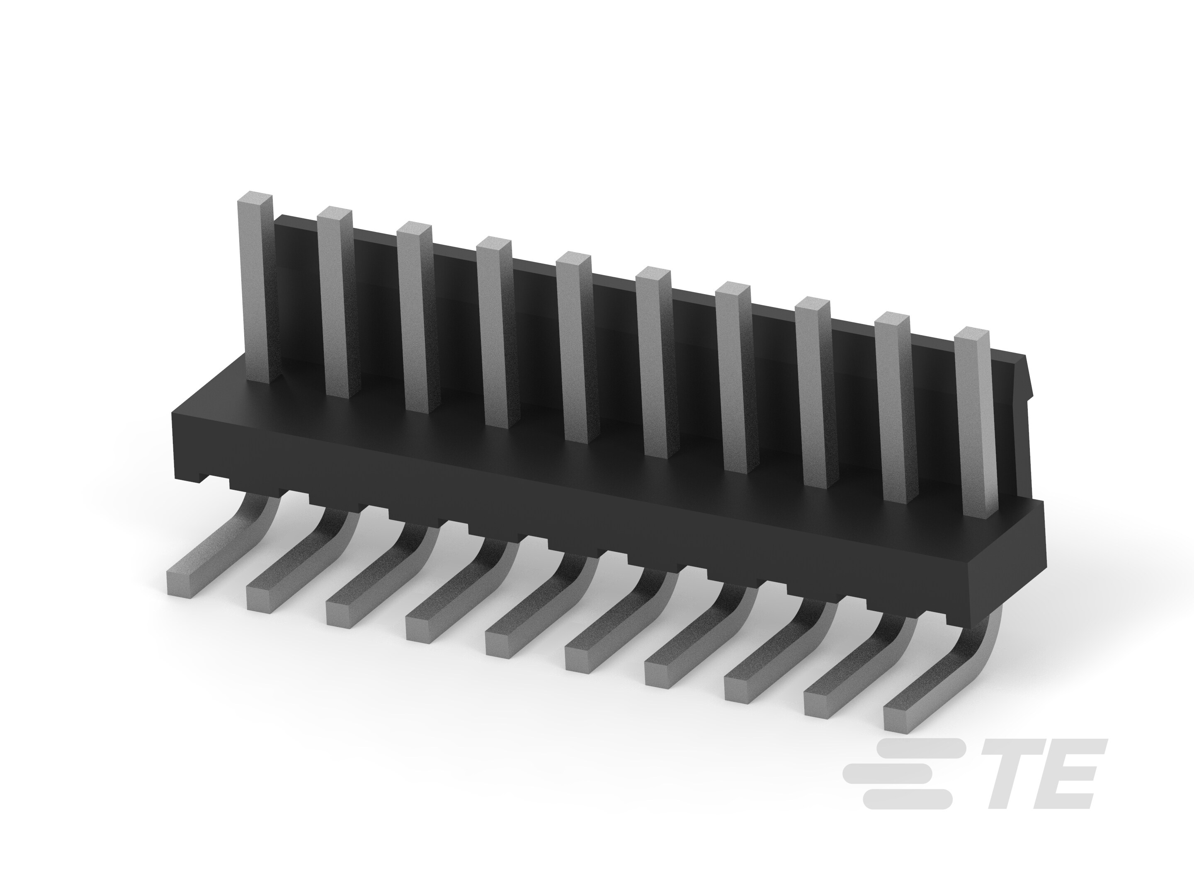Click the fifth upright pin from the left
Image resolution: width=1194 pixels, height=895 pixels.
[x=577, y=348]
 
